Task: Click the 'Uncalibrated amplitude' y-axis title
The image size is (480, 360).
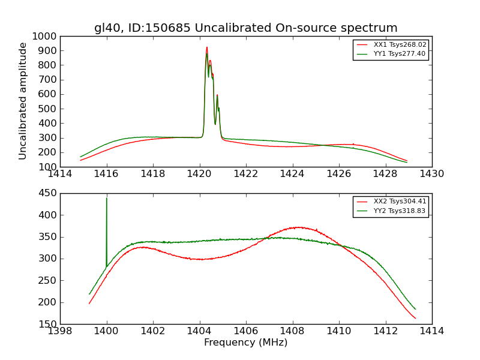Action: tap(23, 101)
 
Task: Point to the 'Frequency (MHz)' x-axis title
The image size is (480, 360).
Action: tap(245, 343)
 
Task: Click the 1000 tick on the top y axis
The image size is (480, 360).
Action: tap(46, 36)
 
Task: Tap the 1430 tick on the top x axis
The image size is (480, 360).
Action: tap(431, 174)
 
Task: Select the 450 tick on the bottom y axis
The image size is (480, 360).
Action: tap(48, 193)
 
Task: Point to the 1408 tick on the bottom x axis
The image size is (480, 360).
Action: tap(292, 331)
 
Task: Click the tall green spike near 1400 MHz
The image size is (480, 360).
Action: tap(107, 200)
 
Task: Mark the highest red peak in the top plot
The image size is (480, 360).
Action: tap(206, 47)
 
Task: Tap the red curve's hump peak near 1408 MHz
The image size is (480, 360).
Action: tap(298, 227)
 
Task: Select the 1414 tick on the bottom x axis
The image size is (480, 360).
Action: tap(431, 331)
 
